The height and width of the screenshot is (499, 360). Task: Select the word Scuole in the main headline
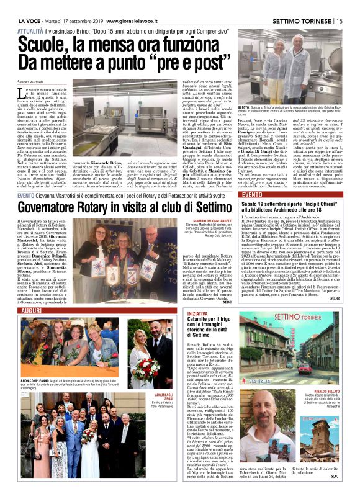[x=49, y=43]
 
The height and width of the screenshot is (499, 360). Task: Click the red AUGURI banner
[x=32, y=310]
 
